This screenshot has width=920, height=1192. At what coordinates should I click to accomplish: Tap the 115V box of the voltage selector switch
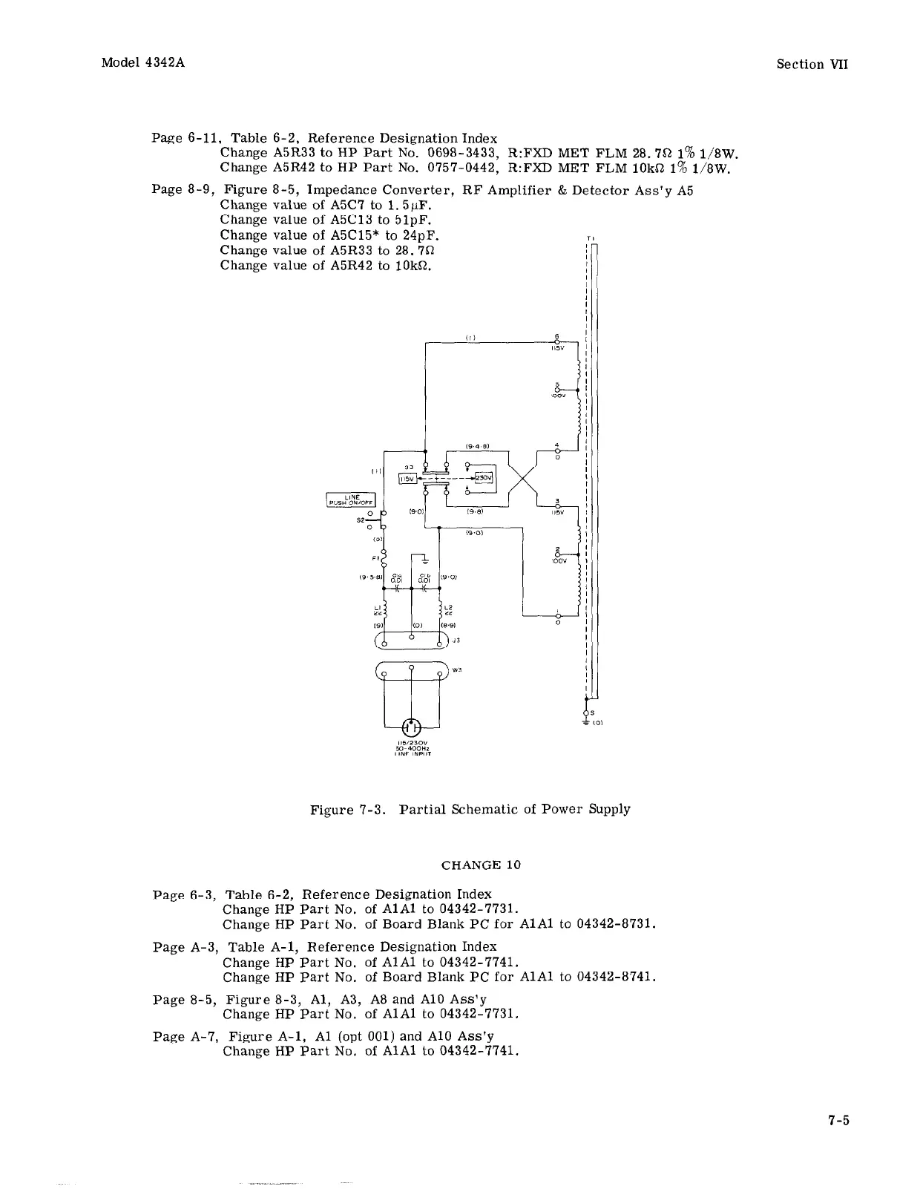click(x=407, y=479)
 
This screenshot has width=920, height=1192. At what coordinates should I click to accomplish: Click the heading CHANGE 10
click(x=481, y=865)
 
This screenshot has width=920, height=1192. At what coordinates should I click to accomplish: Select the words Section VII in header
click(x=812, y=64)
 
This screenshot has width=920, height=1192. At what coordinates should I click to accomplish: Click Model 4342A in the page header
click(x=142, y=62)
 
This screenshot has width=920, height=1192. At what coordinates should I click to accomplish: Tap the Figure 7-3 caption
click(x=470, y=808)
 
